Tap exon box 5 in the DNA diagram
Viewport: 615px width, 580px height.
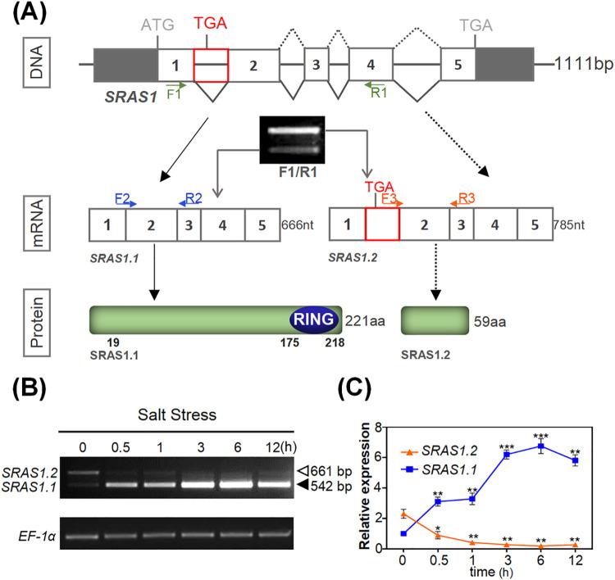click(458, 63)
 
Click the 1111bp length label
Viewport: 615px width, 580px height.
click(583, 63)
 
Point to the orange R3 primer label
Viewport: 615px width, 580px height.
click(465, 197)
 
